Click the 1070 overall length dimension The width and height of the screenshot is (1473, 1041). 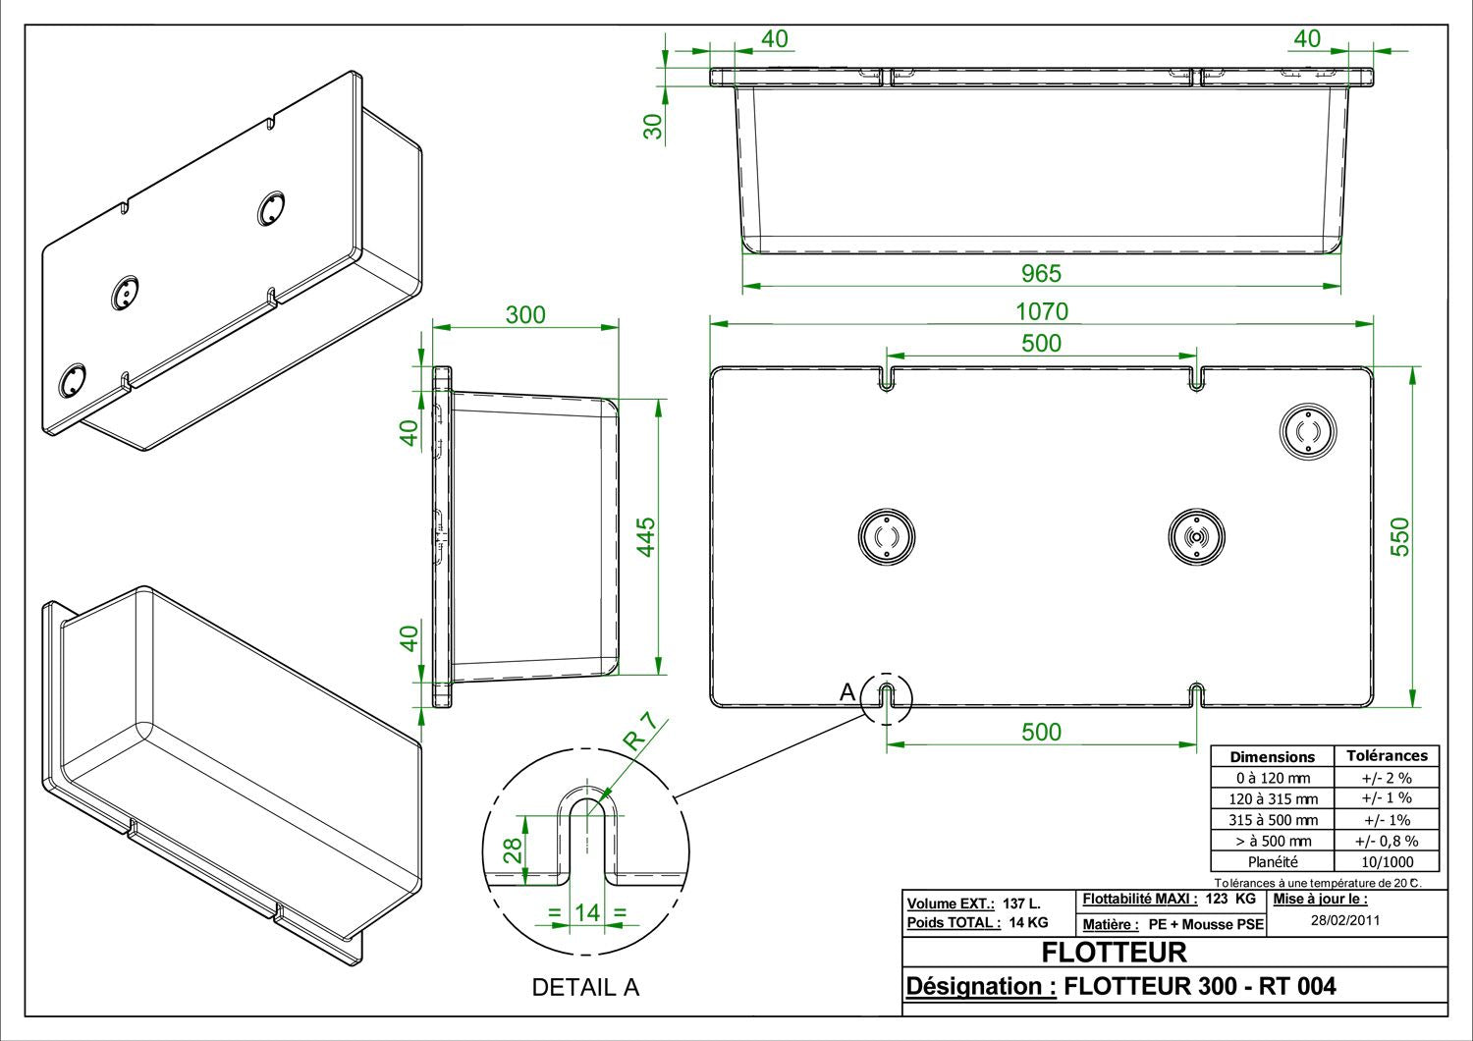click(x=1042, y=311)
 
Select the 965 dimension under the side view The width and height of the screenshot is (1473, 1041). click(x=1042, y=273)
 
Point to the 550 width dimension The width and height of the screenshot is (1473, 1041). click(x=1400, y=536)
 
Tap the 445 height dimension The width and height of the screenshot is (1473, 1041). click(x=646, y=536)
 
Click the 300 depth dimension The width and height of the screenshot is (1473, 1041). click(x=525, y=315)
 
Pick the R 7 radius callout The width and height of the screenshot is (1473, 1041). click(x=640, y=732)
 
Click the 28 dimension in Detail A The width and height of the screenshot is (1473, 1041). click(x=513, y=850)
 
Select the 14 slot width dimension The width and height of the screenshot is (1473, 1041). click(x=587, y=912)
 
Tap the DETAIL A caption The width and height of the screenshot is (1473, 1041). click(x=585, y=987)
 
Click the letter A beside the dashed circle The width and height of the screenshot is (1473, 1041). click(x=847, y=691)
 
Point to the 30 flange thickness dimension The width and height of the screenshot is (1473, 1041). click(x=653, y=127)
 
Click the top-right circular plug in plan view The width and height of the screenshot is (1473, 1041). click(x=1308, y=431)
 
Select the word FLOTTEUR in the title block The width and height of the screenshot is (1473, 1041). click(x=1114, y=953)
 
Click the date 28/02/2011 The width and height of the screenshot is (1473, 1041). click(x=1345, y=920)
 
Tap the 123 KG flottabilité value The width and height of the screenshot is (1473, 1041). click(x=1230, y=899)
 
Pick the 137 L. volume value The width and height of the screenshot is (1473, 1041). click(x=1021, y=904)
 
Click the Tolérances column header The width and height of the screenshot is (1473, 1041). click(x=1387, y=756)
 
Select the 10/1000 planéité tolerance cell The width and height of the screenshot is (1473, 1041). click(x=1387, y=861)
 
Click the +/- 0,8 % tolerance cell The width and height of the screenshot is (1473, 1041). click(x=1387, y=841)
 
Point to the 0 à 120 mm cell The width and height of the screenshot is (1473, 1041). click(x=1273, y=778)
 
